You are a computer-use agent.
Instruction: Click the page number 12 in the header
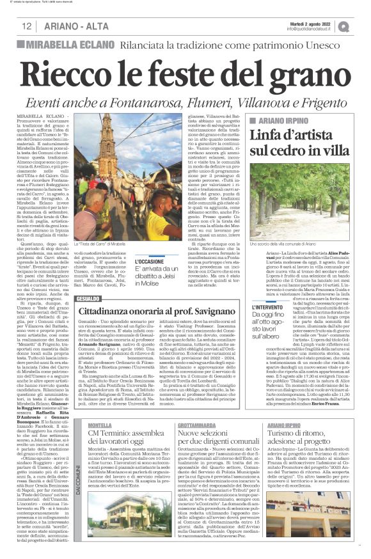pos(27,26)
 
